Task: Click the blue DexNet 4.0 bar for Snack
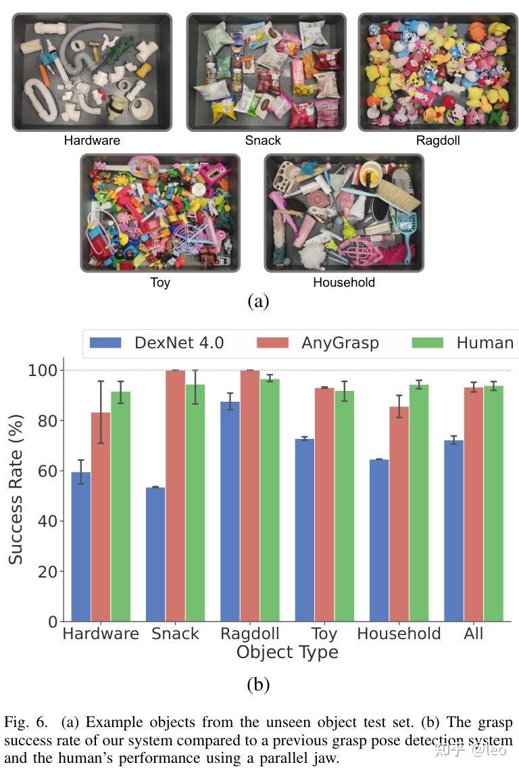[x=155, y=554]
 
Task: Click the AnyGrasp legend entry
[x=318, y=343]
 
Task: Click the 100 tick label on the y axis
[x=43, y=371]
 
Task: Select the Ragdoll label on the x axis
[x=249, y=634]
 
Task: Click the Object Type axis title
[x=287, y=653]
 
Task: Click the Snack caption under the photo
[x=263, y=141]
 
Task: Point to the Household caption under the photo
[x=343, y=282]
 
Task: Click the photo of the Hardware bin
[x=92, y=72]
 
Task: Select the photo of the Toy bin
[x=160, y=212]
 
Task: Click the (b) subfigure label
[x=258, y=684]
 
